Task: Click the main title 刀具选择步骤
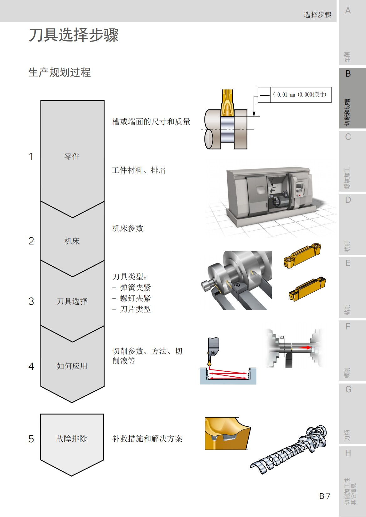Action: pyautogui.click(x=74, y=35)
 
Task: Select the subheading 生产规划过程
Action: pyautogui.click(x=59, y=72)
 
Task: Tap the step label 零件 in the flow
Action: pyautogui.click(x=72, y=156)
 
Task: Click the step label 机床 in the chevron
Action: pyautogui.click(x=72, y=241)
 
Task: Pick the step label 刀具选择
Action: pyautogui.click(x=72, y=301)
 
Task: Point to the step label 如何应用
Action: pyautogui.click(x=72, y=366)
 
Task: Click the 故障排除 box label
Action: pyautogui.click(x=72, y=439)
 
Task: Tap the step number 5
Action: pyautogui.click(x=31, y=439)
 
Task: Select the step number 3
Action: pyautogui.click(x=31, y=301)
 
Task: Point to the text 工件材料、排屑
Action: pyautogui.click(x=139, y=170)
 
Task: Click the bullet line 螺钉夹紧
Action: pyautogui.click(x=135, y=298)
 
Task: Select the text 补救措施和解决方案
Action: pyautogui.click(x=147, y=439)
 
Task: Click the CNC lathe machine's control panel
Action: pyautogui.click(x=299, y=189)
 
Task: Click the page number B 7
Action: pyautogui.click(x=324, y=496)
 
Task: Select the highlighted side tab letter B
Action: pyautogui.click(x=348, y=74)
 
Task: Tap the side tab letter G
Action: pyautogui.click(x=348, y=389)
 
